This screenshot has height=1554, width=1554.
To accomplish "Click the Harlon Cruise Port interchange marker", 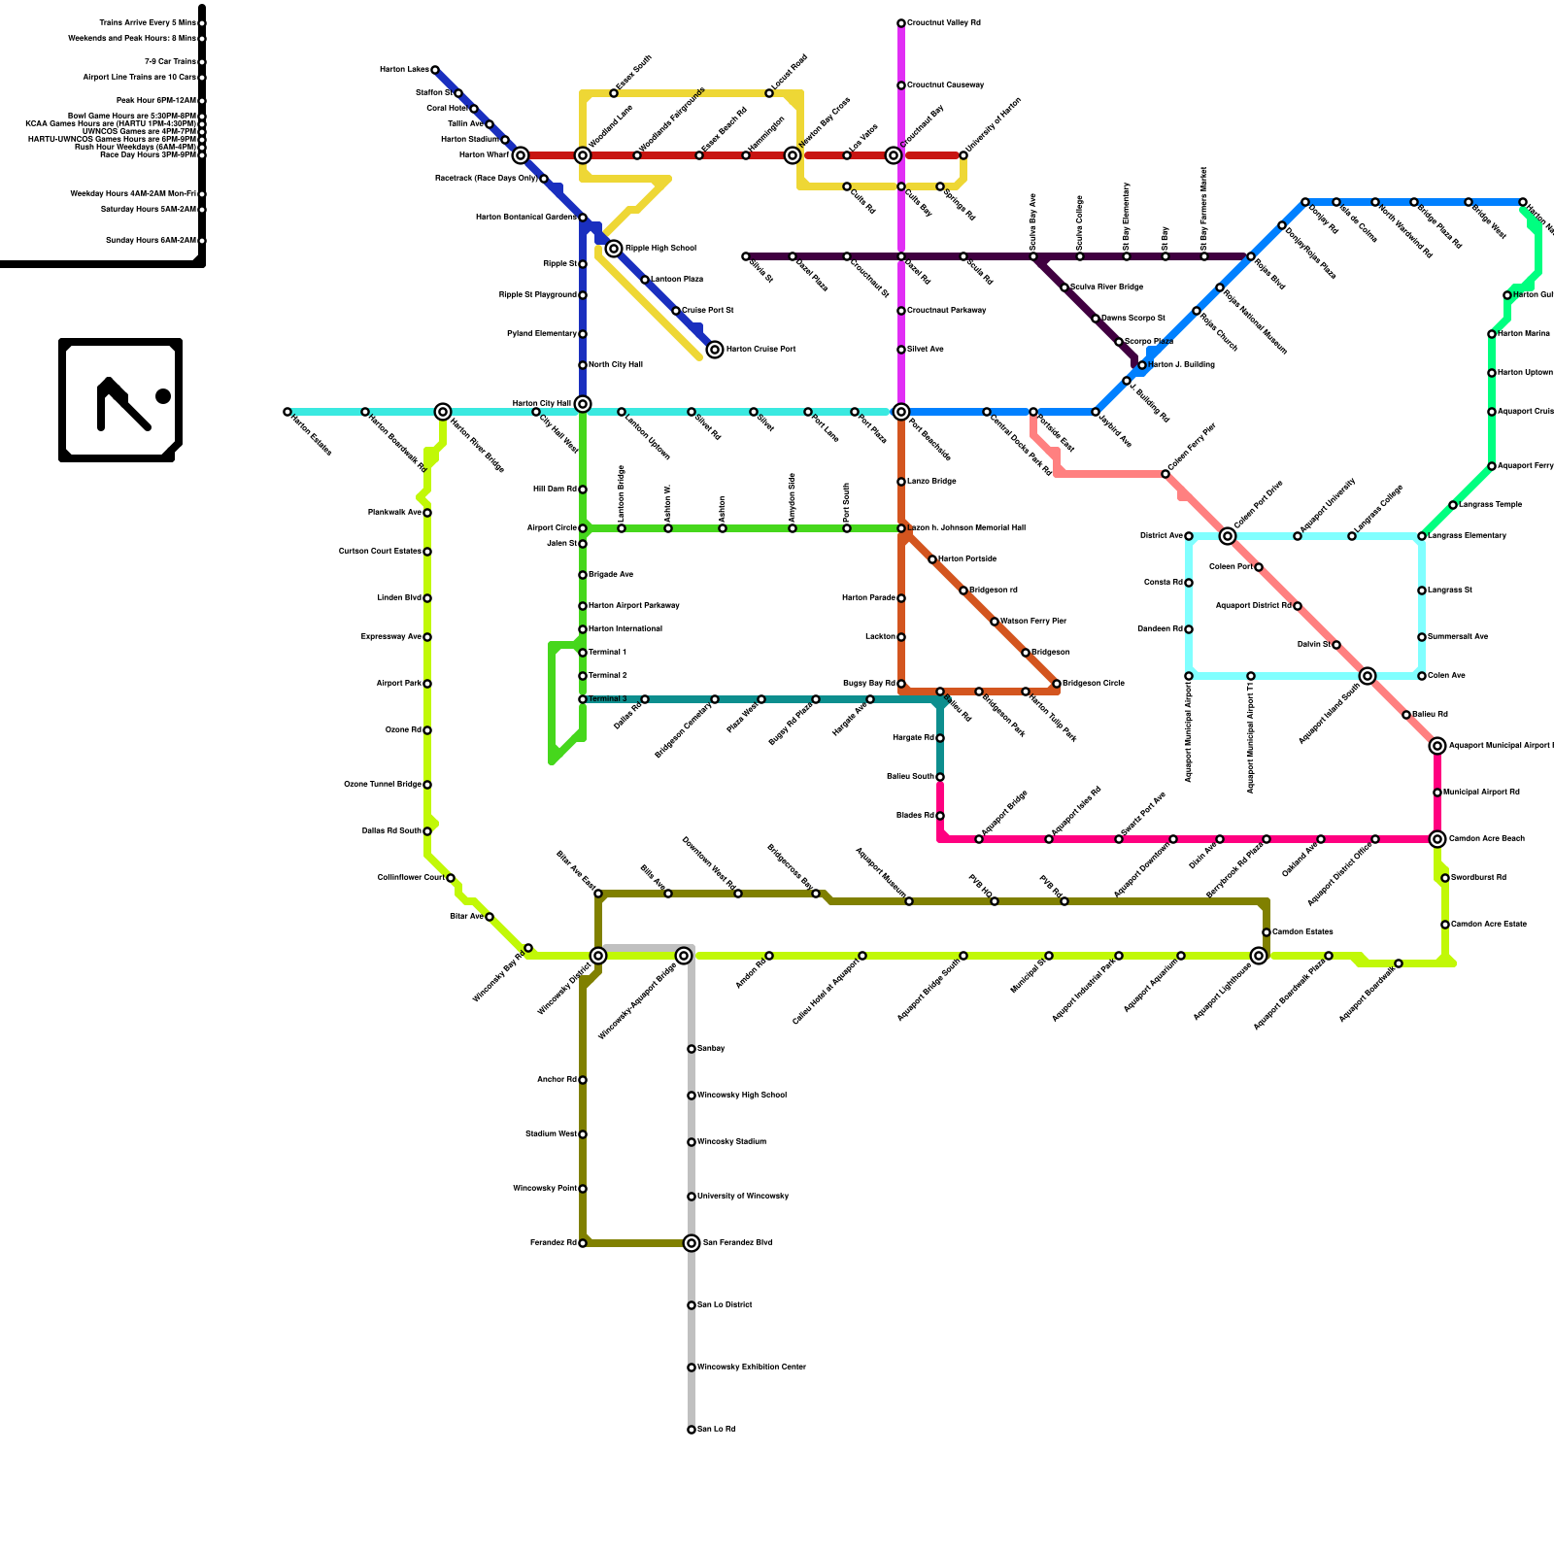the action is tap(715, 350).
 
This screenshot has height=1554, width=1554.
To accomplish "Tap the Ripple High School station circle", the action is tap(614, 249).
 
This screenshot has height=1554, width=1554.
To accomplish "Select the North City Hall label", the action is tap(616, 365).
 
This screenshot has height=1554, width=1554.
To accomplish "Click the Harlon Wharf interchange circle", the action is tap(521, 155).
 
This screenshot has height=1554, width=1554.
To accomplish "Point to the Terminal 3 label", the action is tap(608, 699).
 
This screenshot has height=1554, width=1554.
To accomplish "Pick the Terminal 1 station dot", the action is tap(583, 653).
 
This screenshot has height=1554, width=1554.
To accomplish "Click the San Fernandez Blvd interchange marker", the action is tap(692, 1243).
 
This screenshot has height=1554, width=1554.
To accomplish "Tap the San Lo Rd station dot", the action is tap(692, 1430).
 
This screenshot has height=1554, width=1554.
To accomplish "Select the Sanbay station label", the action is tap(711, 1049).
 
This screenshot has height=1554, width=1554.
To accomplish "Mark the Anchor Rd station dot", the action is tap(583, 1080).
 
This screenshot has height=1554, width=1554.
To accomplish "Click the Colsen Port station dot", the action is tap(1259, 567).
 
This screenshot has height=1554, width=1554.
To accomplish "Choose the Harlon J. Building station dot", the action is tap(1142, 365).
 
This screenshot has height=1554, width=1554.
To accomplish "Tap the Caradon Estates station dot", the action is tap(1267, 932).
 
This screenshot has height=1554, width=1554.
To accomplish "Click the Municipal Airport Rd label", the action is tap(1481, 793).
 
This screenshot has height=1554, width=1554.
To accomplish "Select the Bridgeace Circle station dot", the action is tap(1057, 684).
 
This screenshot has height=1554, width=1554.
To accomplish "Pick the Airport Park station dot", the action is tap(427, 684).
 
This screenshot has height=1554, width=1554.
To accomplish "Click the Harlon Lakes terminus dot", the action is tap(435, 70).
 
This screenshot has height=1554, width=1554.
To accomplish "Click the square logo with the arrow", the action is tap(120, 399).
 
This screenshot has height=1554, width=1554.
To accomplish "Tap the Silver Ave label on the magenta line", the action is tap(925, 350).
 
